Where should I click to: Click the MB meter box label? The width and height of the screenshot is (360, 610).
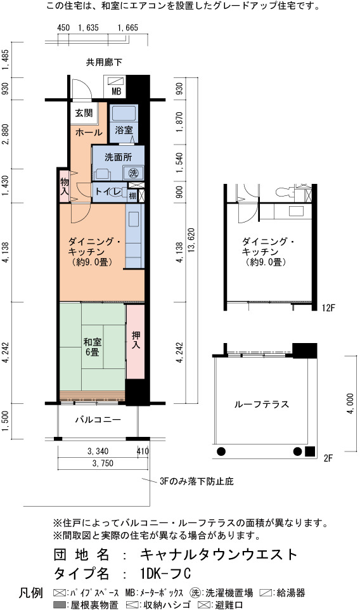click(116, 91)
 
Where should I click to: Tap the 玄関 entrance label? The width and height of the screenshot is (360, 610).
click(84, 114)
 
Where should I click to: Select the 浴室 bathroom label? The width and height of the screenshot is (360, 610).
click(124, 130)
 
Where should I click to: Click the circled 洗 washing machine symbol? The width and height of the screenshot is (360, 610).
click(133, 172)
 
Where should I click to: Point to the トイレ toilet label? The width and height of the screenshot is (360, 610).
click(108, 191)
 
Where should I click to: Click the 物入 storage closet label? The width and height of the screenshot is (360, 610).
click(65, 186)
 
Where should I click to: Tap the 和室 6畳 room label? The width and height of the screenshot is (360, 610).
click(92, 347)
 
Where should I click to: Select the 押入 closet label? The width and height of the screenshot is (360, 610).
click(136, 340)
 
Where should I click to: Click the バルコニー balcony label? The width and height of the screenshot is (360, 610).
click(98, 420)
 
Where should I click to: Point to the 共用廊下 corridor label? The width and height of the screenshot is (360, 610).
click(104, 62)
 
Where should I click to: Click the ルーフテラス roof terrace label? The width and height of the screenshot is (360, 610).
click(261, 404)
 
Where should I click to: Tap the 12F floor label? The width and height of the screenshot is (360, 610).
click(328, 308)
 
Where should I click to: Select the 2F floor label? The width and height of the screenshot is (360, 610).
click(328, 458)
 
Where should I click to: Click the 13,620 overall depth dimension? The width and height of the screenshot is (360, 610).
click(191, 240)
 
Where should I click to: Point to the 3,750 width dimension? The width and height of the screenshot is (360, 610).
click(103, 463)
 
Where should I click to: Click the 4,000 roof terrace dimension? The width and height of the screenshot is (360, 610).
click(350, 403)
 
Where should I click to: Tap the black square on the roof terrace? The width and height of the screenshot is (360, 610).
click(309, 451)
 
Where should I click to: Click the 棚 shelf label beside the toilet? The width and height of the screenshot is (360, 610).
click(132, 195)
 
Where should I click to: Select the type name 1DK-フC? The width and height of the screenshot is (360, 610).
click(165, 573)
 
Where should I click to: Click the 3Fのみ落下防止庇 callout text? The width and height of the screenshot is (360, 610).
click(196, 482)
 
